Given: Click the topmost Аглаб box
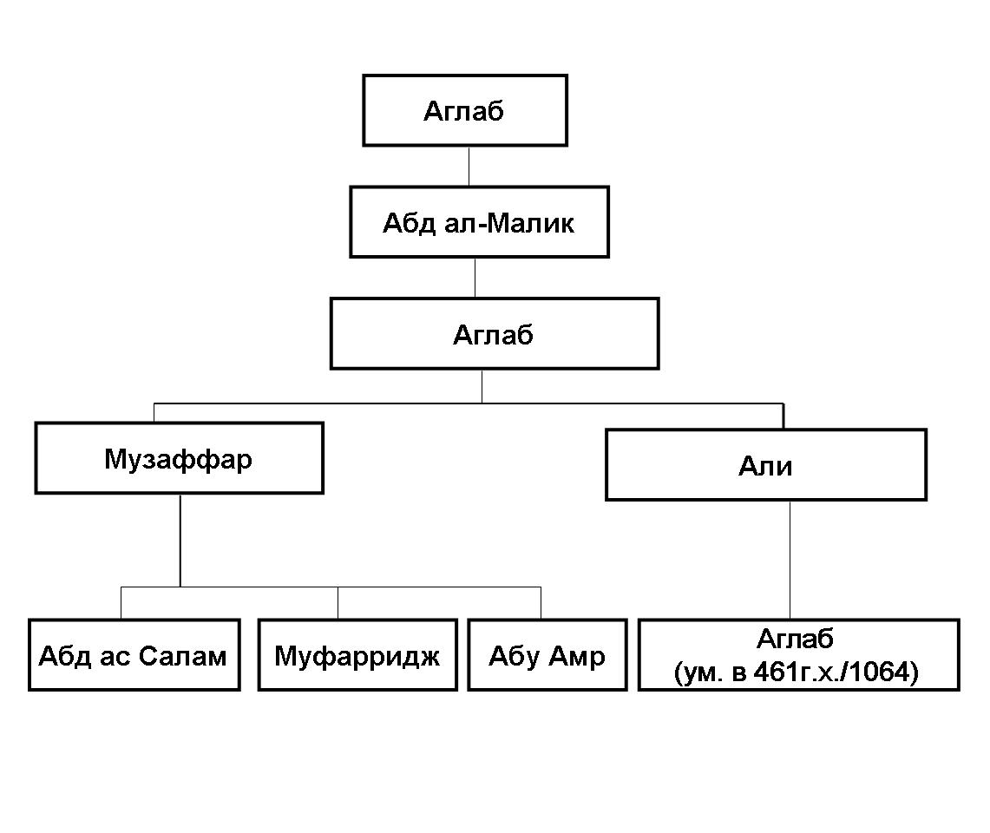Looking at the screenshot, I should coord(464,110).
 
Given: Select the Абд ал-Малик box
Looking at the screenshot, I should coord(479,222).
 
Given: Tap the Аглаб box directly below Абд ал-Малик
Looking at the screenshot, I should coord(494,334).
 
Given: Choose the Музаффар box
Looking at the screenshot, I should coord(179,458).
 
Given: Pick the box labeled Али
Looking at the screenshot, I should coord(765,465).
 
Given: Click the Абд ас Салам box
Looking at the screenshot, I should coord(134,655).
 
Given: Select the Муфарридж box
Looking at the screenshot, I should coord(357,655).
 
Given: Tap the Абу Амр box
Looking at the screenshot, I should coord(547,655).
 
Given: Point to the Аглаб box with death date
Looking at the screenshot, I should coord(798,655).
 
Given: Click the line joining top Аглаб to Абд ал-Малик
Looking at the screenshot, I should coord(469,166).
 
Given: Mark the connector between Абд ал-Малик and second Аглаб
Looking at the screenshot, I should coord(475,278).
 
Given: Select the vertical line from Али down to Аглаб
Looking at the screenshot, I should coord(790,560).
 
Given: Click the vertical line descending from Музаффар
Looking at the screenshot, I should coord(180,540).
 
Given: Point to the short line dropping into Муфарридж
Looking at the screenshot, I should coord(338,603).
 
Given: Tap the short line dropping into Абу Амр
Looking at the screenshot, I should coord(541,603).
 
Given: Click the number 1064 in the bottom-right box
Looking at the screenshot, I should coord(885,673).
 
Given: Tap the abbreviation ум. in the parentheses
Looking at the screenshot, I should coord(696,673).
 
